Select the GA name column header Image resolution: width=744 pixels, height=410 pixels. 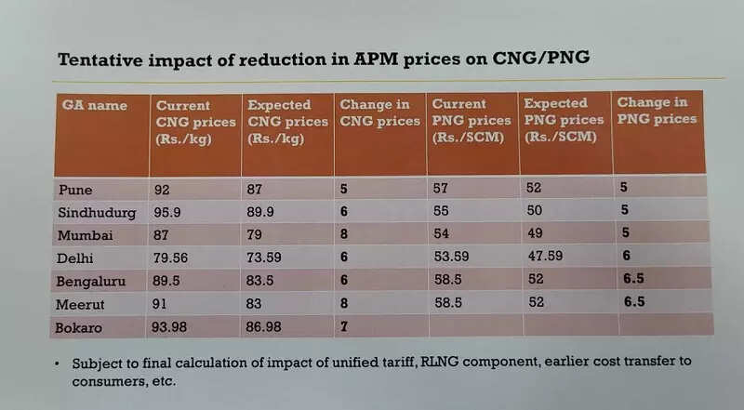pos(94,105)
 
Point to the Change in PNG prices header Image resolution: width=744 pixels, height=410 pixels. pos(656,111)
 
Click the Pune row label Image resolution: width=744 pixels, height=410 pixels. pos(75,189)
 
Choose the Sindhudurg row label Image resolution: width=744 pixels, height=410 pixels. pos(97,212)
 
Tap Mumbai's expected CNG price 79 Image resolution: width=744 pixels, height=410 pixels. pos(255,233)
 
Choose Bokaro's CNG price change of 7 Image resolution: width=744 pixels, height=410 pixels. pos(343,324)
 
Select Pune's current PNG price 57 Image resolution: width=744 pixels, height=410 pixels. pos(441,189)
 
